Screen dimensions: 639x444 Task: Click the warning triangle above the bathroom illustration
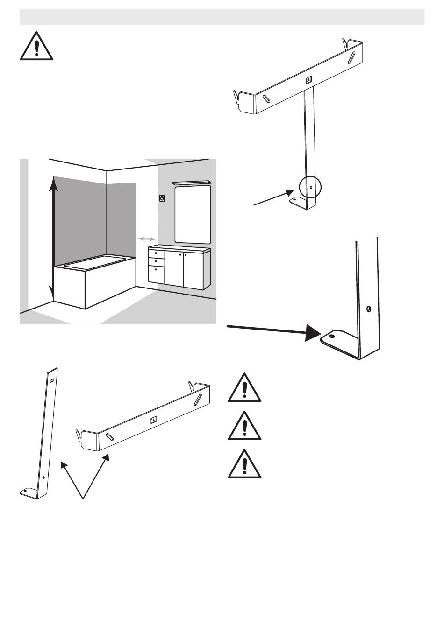36,47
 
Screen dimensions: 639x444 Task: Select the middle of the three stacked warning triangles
244,427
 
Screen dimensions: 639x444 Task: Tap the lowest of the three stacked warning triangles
244,465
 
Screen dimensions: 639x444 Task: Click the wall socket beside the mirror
162,198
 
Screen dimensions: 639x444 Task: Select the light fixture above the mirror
192,183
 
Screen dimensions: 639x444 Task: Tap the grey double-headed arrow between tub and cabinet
147,239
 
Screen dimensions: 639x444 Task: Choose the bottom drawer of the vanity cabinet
156,274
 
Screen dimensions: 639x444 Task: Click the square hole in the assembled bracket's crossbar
308,80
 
